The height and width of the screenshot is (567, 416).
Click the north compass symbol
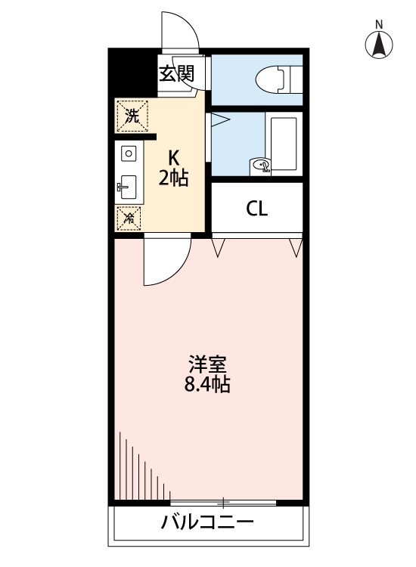[x=379, y=45]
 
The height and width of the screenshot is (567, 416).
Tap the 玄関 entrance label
[x=176, y=73]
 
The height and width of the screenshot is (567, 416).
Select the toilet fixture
[x=272, y=79]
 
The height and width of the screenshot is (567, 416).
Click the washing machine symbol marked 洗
[x=132, y=116]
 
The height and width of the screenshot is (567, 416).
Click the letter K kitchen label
[x=173, y=158]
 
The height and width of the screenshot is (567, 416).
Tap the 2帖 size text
[x=173, y=178]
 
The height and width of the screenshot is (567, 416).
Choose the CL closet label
[x=256, y=209]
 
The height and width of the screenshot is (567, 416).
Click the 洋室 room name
[x=206, y=364]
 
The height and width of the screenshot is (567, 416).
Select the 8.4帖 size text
[x=206, y=385]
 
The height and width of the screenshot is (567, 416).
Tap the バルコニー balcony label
[x=206, y=522]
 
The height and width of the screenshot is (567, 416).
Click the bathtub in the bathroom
[x=284, y=144]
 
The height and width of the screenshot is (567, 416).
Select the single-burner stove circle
[x=128, y=153]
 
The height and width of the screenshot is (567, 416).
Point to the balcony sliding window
[x=223, y=502]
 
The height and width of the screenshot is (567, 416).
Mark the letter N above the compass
[x=379, y=23]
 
